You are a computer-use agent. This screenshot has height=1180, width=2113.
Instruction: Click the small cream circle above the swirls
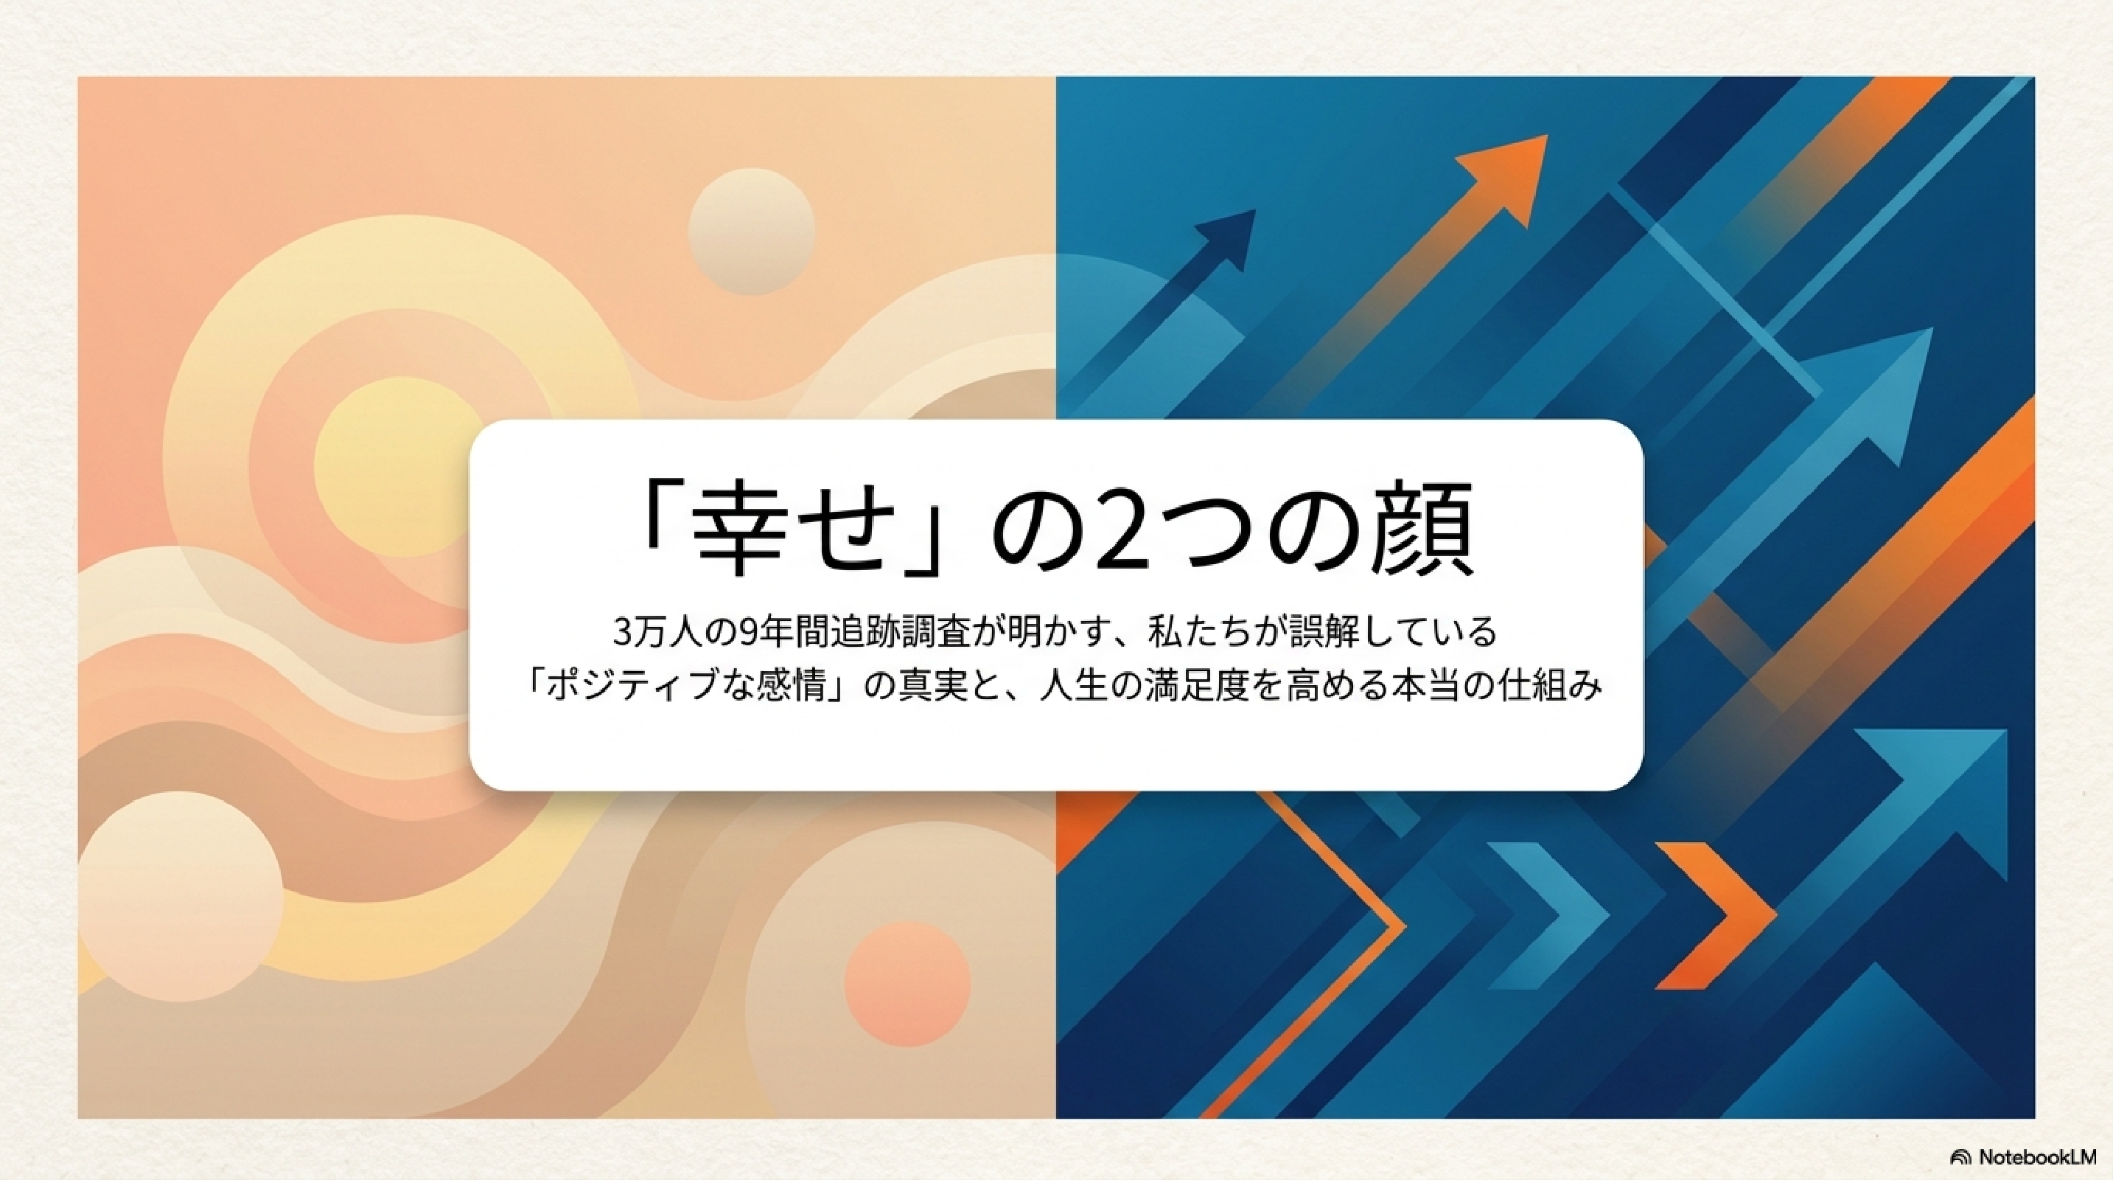(x=751, y=232)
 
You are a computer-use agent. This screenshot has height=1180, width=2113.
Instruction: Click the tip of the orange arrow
(x=1547, y=136)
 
